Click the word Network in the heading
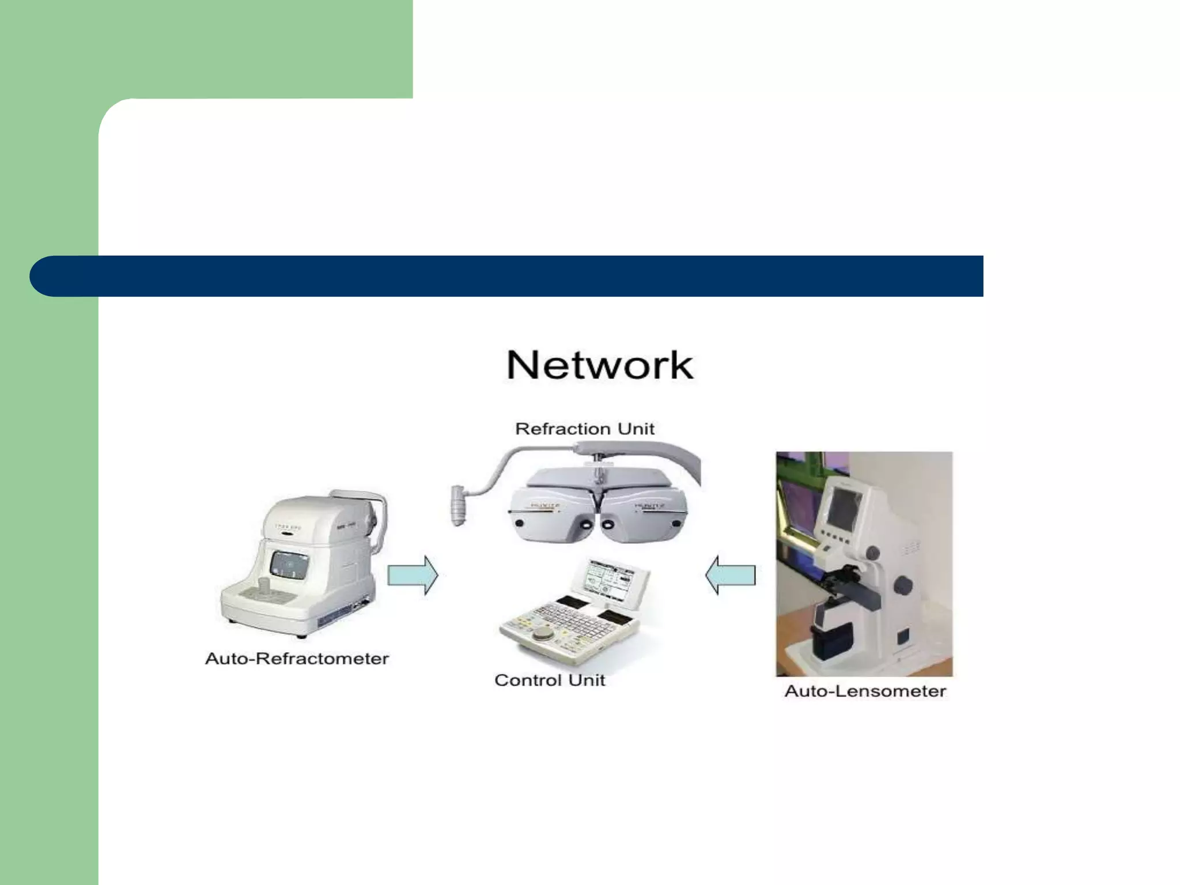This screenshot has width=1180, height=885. [x=600, y=365]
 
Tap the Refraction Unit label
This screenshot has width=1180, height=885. [x=584, y=429]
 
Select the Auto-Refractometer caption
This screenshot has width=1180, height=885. [x=297, y=659]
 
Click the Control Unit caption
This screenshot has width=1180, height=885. [x=550, y=680]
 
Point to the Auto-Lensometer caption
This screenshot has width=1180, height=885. [x=865, y=691]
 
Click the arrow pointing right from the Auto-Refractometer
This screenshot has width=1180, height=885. [x=413, y=575]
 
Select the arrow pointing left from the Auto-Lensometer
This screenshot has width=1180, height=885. [x=731, y=575]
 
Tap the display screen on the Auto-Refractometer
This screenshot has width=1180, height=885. [x=289, y=565]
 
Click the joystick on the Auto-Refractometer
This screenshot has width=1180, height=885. [x=264, y=588]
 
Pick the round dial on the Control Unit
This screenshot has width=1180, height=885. [x=542, y=634]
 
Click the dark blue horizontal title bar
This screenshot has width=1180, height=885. [x=507, y=276]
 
